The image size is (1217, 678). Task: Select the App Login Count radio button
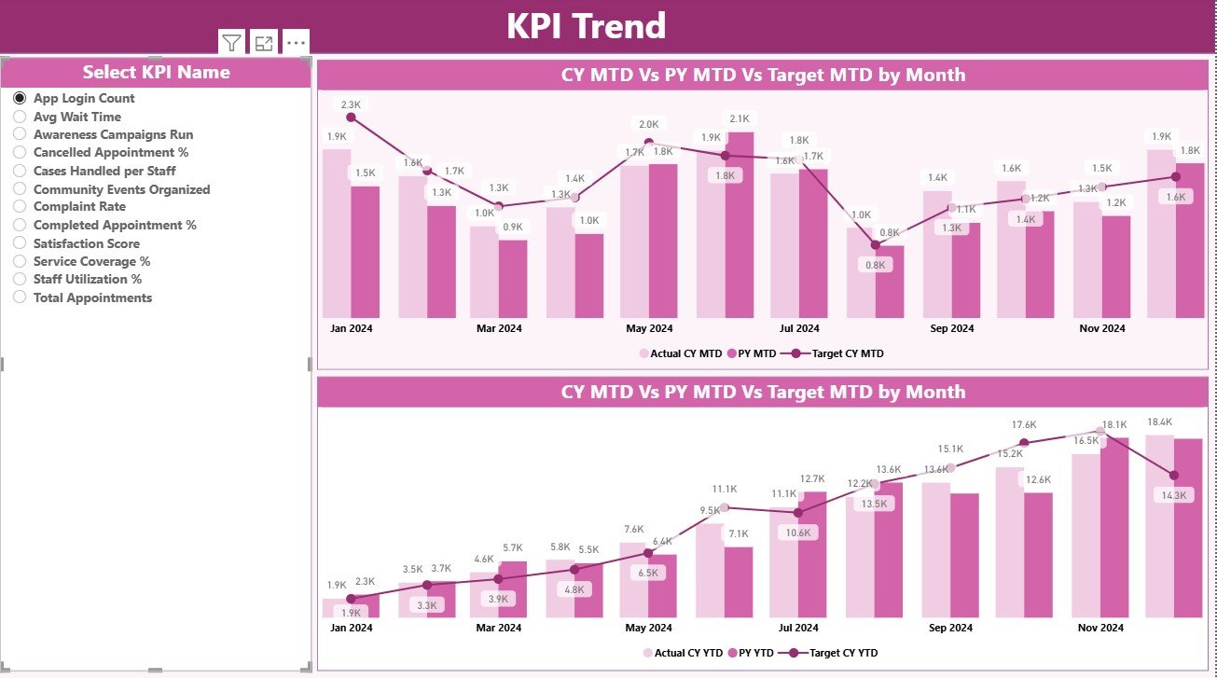pyautogui.click(x=20, y=98)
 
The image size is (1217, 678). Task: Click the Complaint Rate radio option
pyautogui.click(x=20, y=207)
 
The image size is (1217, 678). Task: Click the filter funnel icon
pyautogui.click(x=231, y=42)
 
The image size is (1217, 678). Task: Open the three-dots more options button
pyautogui.click(x=296, y=42)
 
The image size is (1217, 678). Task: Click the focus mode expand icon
pyautogui.click(x=264, y=42)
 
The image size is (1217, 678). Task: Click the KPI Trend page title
pyautogui.click(x=586, y=25)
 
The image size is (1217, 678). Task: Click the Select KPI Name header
pyautogui.click(x=156, y=72)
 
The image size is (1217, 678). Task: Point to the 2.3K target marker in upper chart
pyautogui.click(x=351, y=118)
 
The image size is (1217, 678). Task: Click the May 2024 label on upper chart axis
pyautogui.click(x=649, y=328)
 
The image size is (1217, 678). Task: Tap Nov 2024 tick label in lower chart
pyautogui.click(x=1100, y=628)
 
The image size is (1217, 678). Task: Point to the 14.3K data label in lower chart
pyautogui.click(x=1173, y=495)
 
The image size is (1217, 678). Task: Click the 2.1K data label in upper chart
pyautogui.click(x=740, y=118)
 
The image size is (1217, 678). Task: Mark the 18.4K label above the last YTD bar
pyautogui.click(x=1159, y=422)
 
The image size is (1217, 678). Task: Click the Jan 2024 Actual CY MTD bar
pyautogui.click(x=337, y=233)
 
